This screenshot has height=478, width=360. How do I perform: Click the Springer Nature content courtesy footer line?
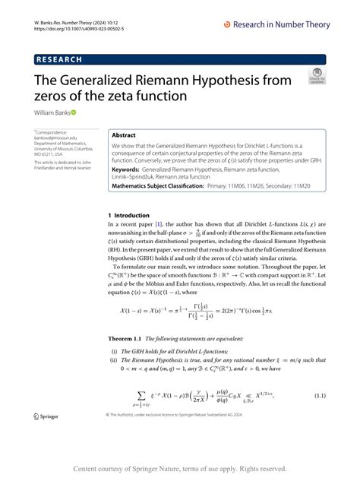point(180,468)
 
